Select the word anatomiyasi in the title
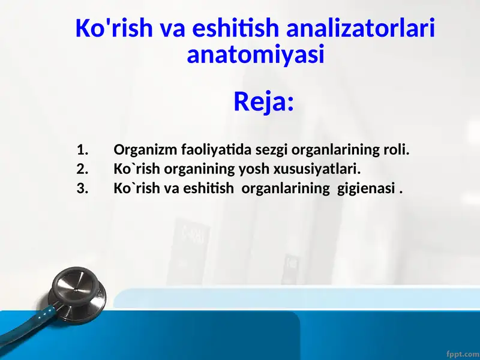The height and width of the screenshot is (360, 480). click(x=256, y=55)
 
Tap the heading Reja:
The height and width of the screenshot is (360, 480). click(x=263, y=101)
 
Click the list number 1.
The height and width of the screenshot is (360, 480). click(x=82, y=149)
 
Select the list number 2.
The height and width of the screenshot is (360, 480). click(x=82, y=169)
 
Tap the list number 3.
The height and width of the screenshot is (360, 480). click(x=82, y=188)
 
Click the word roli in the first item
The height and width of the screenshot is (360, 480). click(x=395, y=149)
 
